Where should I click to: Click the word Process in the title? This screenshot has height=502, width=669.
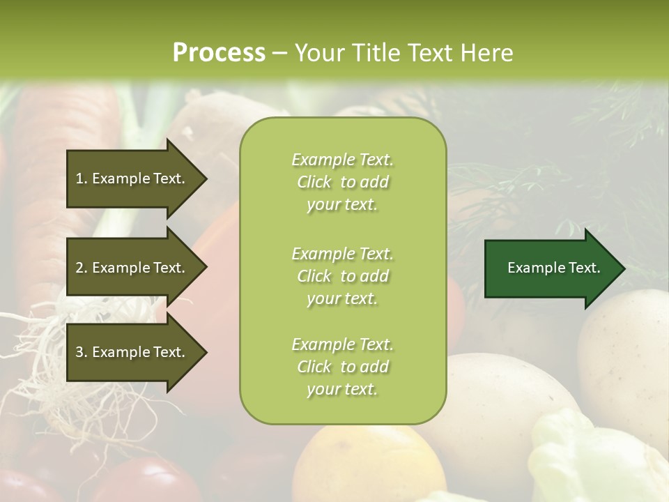219,53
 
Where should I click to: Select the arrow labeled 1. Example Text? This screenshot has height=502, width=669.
132,178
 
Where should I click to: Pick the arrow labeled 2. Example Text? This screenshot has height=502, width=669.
132,268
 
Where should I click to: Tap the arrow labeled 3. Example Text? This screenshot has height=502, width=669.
132,352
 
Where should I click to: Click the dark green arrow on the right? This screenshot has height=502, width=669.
551,268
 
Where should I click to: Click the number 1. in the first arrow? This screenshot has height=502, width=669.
82,178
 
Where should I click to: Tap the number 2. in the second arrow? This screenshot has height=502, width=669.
82,268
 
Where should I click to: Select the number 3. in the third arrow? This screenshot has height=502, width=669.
82,352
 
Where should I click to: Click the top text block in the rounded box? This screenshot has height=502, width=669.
342,182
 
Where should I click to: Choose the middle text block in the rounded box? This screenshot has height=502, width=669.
342,276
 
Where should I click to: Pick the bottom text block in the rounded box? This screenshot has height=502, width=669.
342,367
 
